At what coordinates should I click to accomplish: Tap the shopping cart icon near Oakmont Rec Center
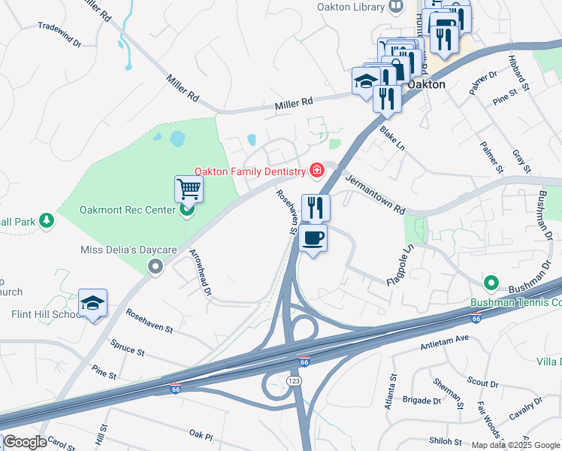189,189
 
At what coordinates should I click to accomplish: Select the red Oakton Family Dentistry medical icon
317,171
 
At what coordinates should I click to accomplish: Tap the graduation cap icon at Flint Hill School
92,304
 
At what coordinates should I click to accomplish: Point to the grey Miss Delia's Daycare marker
156,265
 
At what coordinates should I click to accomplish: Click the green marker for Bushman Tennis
491,283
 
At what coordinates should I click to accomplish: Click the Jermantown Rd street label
375,193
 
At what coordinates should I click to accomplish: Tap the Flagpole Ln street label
400,265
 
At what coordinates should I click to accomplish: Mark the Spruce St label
127,350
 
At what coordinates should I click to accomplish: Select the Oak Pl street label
201,434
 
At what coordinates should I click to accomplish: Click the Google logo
24,442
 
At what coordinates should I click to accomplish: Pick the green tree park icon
47,220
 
